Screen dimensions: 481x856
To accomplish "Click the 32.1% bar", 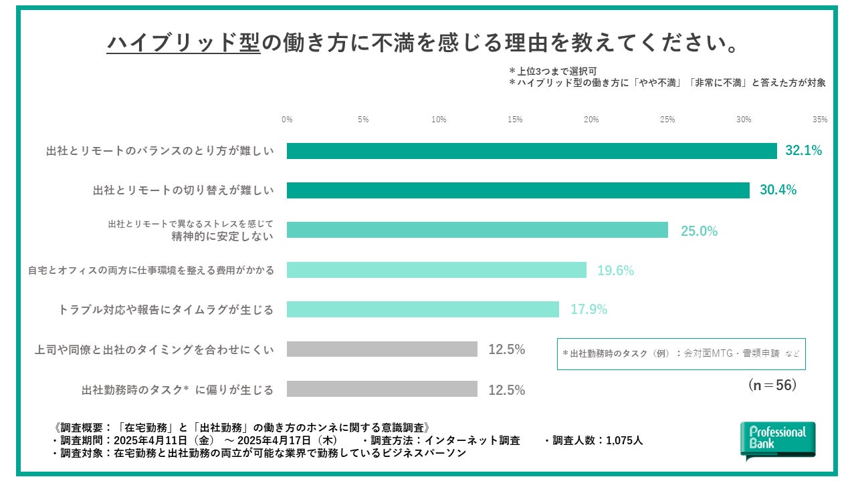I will pos(532,151).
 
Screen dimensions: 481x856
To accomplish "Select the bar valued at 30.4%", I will pos(518,190).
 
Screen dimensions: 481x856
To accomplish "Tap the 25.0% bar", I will pos(477,230).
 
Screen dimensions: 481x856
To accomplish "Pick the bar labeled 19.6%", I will pos(437,270).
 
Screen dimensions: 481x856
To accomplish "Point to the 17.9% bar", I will pos(423,309).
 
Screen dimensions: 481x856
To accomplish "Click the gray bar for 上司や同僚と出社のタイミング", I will pos(382,349).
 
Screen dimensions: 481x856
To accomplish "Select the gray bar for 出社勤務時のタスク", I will pos(382,389).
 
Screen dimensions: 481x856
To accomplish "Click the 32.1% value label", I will pos(803,151).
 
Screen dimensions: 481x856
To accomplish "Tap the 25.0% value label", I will pos(699,231).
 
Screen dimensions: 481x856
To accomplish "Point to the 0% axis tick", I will pos(287,120).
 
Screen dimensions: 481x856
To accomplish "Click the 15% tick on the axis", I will pos(515,120).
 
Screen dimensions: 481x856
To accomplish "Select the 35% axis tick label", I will pos(820,120).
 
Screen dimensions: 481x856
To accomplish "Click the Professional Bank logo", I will pos(778,440).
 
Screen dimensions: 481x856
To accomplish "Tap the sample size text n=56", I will pos(772,385).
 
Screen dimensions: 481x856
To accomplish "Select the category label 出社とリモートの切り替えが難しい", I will pos(183,190).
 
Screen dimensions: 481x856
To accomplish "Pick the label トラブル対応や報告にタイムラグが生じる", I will pos(166,310).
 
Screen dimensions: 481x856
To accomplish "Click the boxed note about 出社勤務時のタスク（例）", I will pos(681,353).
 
